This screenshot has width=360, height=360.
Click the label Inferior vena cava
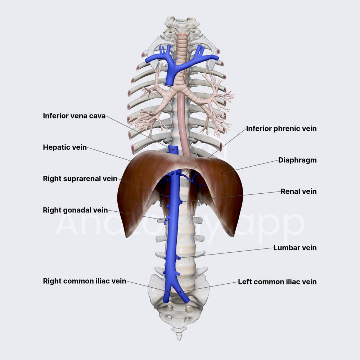pyautogui.click(x=74, y=116)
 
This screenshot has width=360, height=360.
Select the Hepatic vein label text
pyautogui.click(x=65, y=147)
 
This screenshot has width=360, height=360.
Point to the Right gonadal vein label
pyautogui.click(x=75, y=210)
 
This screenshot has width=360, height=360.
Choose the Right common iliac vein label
pyautogui.click(x=85, y=281)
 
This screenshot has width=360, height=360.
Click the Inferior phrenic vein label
pyautogui.click(x=281, y=129)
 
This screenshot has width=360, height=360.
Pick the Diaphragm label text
pyautogui.click(x=297, y=160)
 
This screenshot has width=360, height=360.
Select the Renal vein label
pyautogui.click(x=298, y=191)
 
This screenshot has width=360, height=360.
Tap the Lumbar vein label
pyautogui.click(x=295, y=248)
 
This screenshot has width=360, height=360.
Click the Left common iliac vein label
pyautogui.click(x=277, y=282)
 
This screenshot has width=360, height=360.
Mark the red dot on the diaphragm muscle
pyautogui.click(x=222, y=173)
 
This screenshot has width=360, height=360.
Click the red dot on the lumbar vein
pyautogui.click(x=179, y=258)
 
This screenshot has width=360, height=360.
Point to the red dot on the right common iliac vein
pyautogui.click(x=167, y=291)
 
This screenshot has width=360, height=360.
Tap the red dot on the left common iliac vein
pyautogui.click(x=180, y=292)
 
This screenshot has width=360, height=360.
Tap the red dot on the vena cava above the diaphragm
pyautogui.click(x=174, y=149)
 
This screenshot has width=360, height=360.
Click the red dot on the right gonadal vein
pyautogui.click(x=166, y=220)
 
